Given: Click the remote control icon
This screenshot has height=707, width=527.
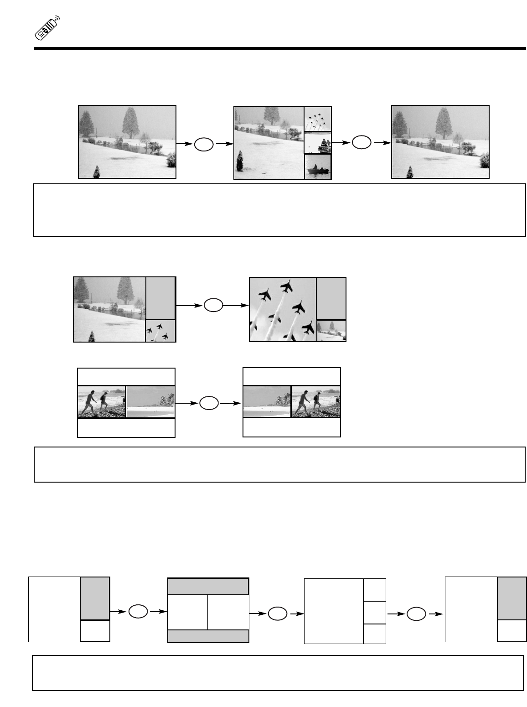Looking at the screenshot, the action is coord(47,29).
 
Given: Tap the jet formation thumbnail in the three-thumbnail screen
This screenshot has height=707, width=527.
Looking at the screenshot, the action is coord(318,120).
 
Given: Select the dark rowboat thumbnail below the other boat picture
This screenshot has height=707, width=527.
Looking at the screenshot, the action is coord(318,167).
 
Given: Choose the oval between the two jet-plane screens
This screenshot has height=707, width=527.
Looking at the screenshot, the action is coord(213,305).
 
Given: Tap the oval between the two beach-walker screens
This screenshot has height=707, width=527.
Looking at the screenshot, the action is coord(209,403).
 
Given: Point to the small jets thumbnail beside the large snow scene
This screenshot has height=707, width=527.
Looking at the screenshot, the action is coord(160,331).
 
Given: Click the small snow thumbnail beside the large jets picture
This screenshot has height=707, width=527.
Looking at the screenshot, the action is coord(331,331).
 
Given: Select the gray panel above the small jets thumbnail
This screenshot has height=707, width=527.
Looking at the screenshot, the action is coord(160,298).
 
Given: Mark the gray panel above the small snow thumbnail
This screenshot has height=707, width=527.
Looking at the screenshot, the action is coord(331,299).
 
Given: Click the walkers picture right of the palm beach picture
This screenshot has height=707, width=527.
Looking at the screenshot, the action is coord(315,402).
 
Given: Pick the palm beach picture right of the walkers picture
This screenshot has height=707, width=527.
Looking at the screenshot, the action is coord(150,402).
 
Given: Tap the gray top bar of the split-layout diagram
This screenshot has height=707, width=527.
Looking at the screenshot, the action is coord(208,587).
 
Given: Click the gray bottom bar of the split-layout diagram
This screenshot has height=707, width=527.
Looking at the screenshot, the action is coord(208,636).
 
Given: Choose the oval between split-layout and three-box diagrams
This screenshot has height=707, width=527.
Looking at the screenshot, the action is coord(278,614).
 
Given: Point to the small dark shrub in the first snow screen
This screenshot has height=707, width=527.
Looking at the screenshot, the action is coord(96,172).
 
